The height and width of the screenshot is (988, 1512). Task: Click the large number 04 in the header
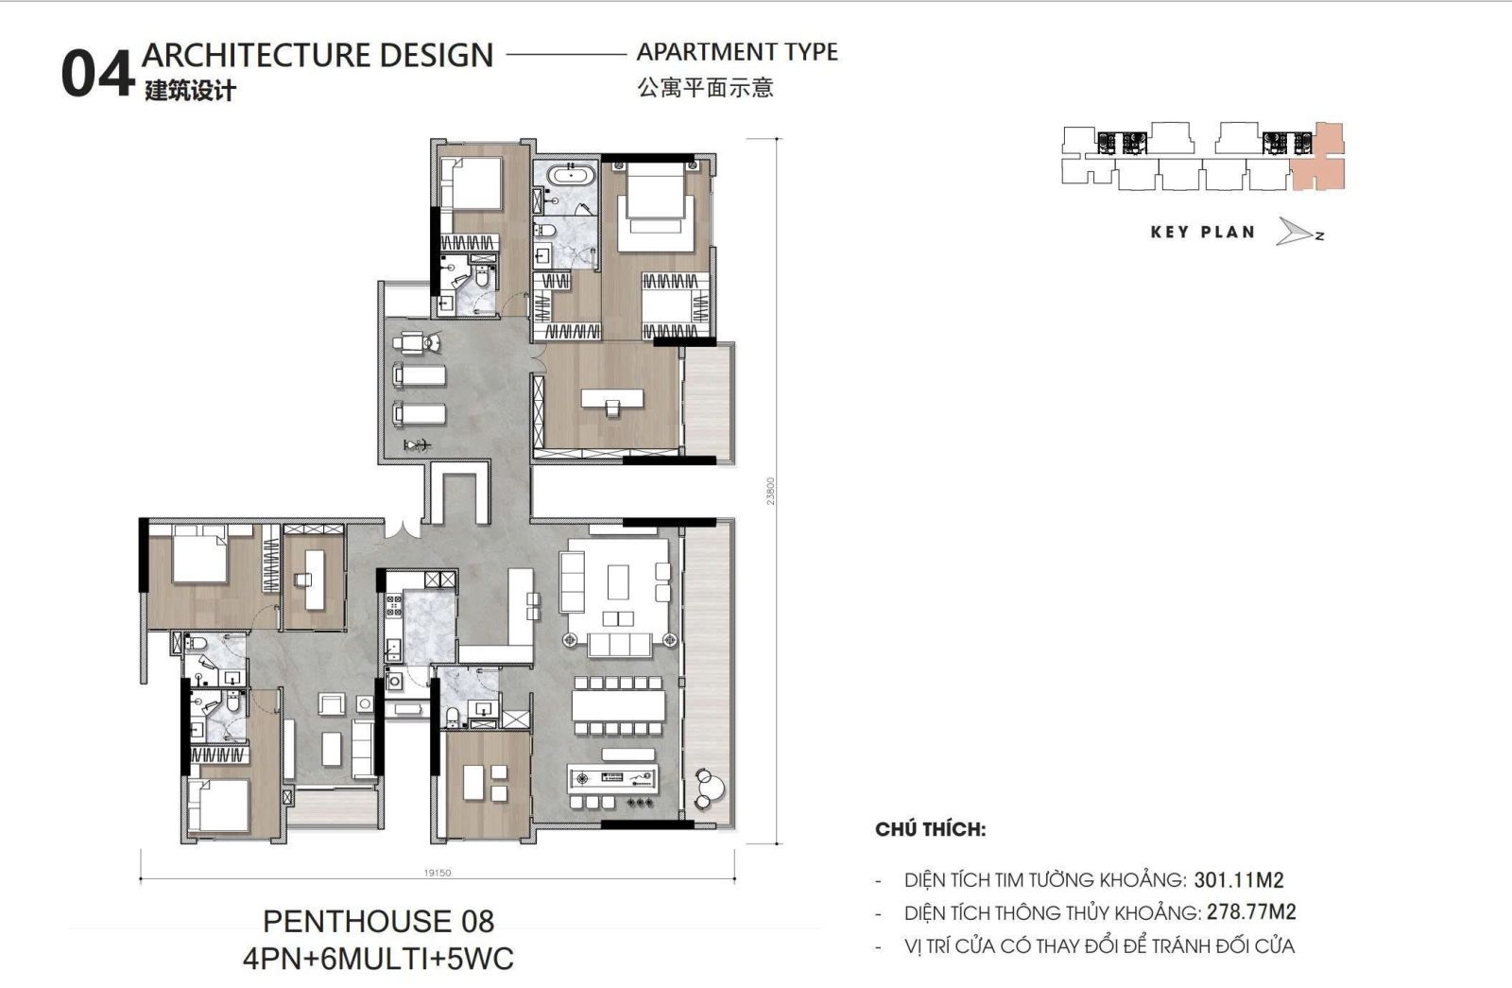point(95,74)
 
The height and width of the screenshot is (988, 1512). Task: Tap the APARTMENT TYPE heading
point(737,52)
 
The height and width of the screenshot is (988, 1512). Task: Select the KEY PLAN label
point(1202,232)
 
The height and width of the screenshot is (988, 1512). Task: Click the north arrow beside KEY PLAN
point(1297,232)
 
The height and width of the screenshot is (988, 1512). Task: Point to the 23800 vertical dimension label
point(771,491)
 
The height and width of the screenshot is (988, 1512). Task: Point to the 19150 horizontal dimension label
point(438,873)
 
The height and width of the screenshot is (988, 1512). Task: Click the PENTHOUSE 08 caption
point(378,921)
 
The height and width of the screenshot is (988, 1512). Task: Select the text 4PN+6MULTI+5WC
point(378,959)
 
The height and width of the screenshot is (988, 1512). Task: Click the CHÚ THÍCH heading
point(930,830)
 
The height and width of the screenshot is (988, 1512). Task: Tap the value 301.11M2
point(1238,880)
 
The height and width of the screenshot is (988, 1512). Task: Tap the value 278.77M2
point(1250,912)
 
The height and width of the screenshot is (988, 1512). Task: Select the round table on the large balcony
point(710,785)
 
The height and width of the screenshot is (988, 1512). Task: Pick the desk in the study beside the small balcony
point(611,399)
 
